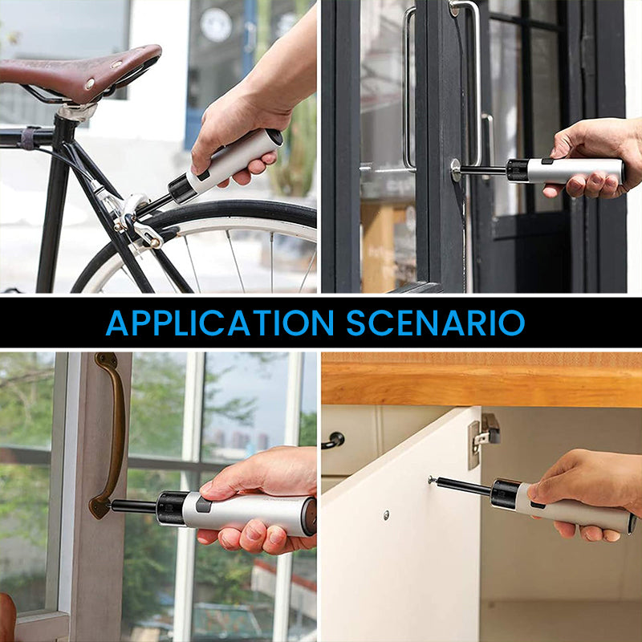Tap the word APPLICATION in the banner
pos(220,323)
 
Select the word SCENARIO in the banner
pos(436,323)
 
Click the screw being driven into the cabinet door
pos(432,480)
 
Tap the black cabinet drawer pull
pos(332,441)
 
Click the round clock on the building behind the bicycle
pos(216,25)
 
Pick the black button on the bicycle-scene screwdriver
pos(204,176)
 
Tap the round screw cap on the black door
pos(456,170)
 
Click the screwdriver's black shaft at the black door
pos(484,169)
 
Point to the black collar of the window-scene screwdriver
pos(171,508)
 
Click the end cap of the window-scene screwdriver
pos(309,517)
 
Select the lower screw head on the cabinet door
pos(386,515)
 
